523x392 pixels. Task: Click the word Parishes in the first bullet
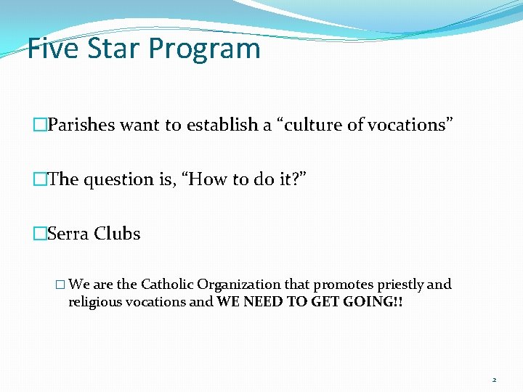coord(81,125)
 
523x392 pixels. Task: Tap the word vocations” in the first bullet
coord(411,125)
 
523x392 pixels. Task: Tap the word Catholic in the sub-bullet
coord(166,284)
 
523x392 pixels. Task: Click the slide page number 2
coord(494,380)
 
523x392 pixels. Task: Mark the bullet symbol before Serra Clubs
coord(39,234)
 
